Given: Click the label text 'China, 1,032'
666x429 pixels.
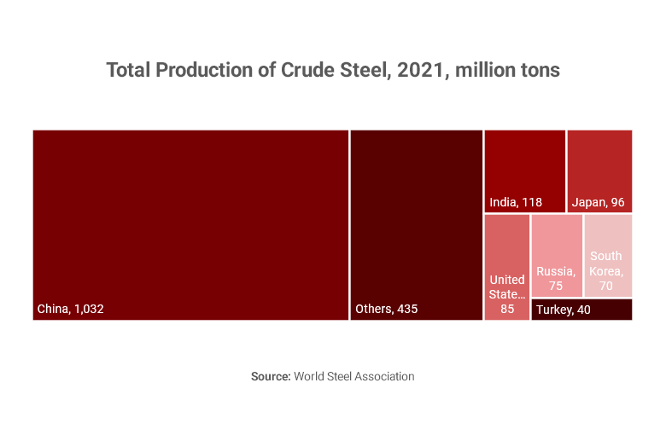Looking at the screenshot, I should click(70, 309).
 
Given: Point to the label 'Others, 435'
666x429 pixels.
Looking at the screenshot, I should click(386, 309).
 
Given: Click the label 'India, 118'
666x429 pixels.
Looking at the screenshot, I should click(516, 203).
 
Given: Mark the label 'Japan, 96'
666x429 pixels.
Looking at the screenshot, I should click(599, 203).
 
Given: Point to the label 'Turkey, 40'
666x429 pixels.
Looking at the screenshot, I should click(564, 310).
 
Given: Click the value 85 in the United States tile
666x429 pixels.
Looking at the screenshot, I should click(507, 309).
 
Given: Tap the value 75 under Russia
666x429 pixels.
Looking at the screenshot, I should click(556, 286).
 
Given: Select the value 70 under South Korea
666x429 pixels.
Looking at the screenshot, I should click(606, 286).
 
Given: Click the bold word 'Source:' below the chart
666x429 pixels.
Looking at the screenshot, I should click(271, 376).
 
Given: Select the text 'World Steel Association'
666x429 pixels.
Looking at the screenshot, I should click(354, 376).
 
